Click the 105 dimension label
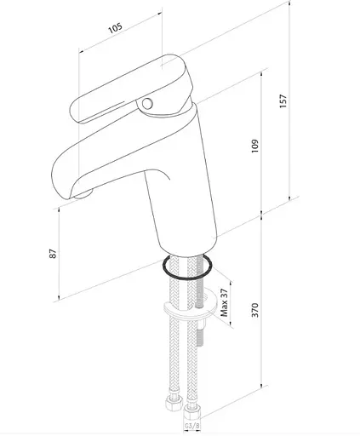tap(116, 27)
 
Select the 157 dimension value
tap(283, 100)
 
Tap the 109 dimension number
tap(255, 146)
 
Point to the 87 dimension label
tap(53, 254)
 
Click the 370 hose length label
tap(255, 310)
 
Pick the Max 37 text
tap(224, 302)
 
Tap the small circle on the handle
tap(147, 104)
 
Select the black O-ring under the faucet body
tap(187, 267)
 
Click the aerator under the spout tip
tap(84, 194)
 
